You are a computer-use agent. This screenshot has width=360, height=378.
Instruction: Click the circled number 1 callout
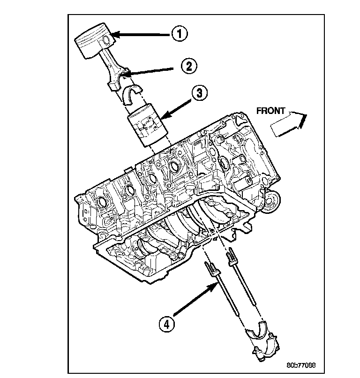[179, 34]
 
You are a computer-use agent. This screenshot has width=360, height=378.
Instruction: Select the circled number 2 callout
[188, 66]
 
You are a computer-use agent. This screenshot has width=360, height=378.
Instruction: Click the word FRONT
[271, 111]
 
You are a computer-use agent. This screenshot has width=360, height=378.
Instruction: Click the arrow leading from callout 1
[141, 34]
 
